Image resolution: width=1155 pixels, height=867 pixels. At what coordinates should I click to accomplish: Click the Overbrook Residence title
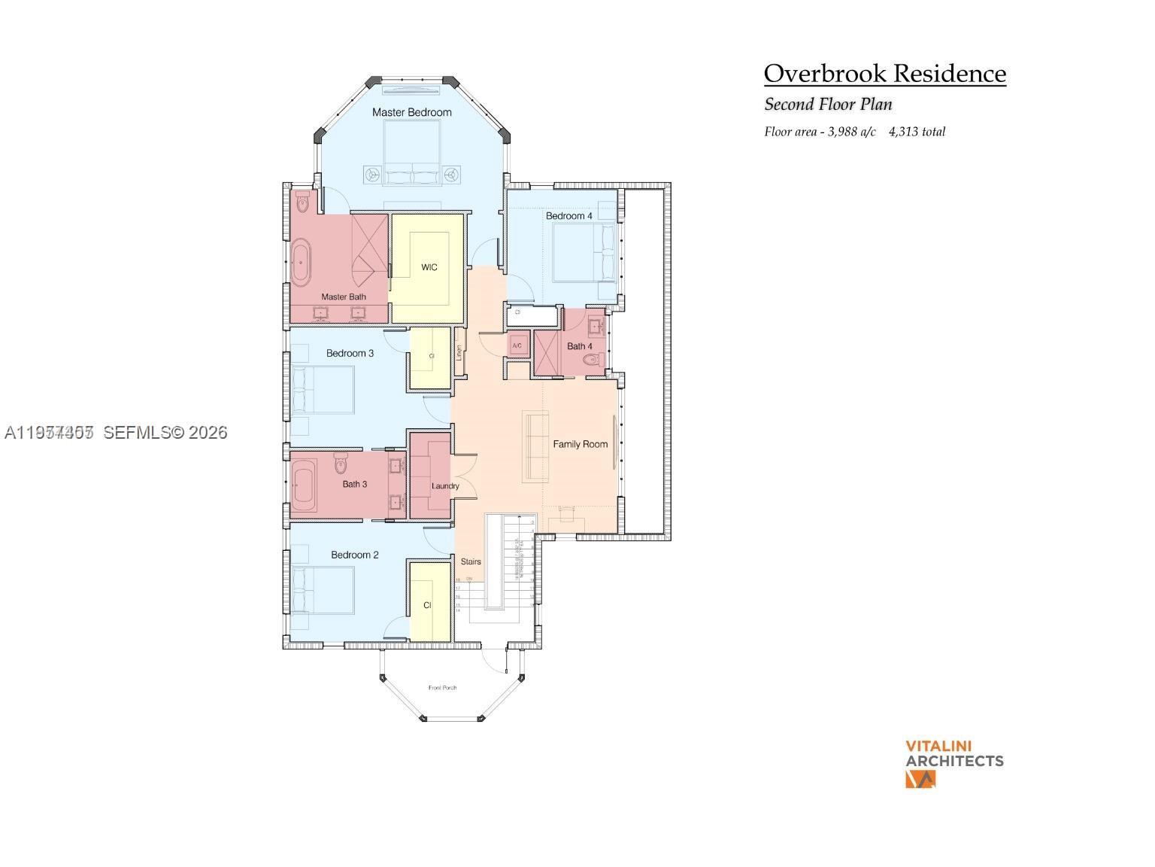coord(884,74)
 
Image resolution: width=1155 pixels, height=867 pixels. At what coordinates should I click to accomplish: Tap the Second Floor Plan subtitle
coord(828,105)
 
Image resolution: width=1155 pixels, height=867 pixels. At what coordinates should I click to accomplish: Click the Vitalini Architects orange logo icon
coord(920,780)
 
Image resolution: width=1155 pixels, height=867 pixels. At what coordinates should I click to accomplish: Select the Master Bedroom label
coord(412,112)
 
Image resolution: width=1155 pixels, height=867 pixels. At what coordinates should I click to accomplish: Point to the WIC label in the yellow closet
coord(429,267)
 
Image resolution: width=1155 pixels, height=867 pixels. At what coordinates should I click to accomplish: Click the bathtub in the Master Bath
coord(301,263)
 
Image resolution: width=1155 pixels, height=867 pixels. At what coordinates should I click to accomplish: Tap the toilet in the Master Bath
coord(303,202)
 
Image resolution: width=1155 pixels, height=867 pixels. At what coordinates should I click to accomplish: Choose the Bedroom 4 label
coord(568,216)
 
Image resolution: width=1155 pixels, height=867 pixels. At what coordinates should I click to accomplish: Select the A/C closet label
coord(517,346)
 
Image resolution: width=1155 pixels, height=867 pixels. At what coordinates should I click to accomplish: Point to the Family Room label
coord(580,444)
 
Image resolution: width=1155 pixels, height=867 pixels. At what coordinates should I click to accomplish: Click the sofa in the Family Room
coord(536,446)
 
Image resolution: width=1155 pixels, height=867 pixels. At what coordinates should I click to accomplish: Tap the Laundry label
coord(445,486)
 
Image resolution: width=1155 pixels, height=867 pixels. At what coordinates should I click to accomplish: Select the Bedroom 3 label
coord(350,353)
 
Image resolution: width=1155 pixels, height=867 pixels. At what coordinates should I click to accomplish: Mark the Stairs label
coord(471,561)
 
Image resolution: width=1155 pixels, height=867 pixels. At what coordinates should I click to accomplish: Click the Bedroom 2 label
coord(354,555)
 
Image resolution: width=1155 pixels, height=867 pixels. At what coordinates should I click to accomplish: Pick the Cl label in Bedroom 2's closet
coord(427,605)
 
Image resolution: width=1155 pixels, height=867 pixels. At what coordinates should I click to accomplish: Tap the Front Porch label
coord(442,688)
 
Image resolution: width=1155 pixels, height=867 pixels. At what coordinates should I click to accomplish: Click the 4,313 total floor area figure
coord(917,132)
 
